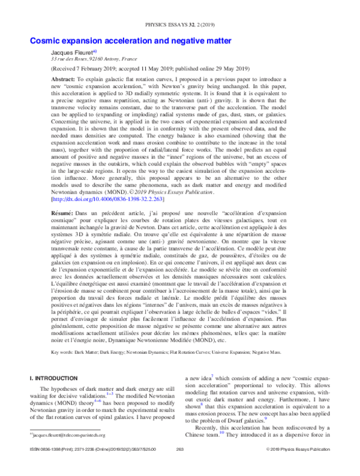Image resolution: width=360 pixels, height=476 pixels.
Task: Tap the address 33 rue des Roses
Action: (x=67, y=61)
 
